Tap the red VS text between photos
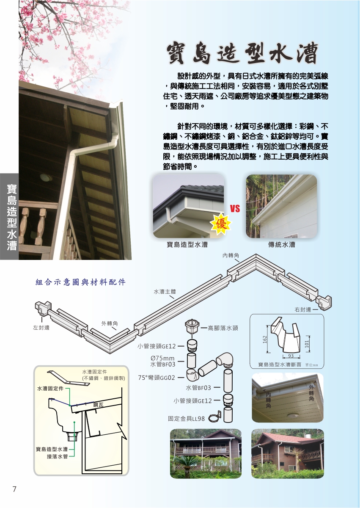point(235,209)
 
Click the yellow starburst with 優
point(221,224)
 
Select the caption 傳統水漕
point(282,245)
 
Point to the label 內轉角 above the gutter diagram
point(231,256)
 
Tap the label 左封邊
point(41,328)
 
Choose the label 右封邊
point(303,309)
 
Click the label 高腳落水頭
point(223,328)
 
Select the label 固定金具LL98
point(186,419)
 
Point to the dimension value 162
point(265,339)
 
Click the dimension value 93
point(291,356)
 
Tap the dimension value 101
point(307,344)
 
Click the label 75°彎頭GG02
point(157,378)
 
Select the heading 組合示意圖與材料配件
point(81,282)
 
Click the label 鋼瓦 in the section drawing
point(98,405)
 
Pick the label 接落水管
point(57,456)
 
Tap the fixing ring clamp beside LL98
point(214,417)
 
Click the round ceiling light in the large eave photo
point(46,177)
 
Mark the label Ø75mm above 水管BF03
point(162,358)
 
